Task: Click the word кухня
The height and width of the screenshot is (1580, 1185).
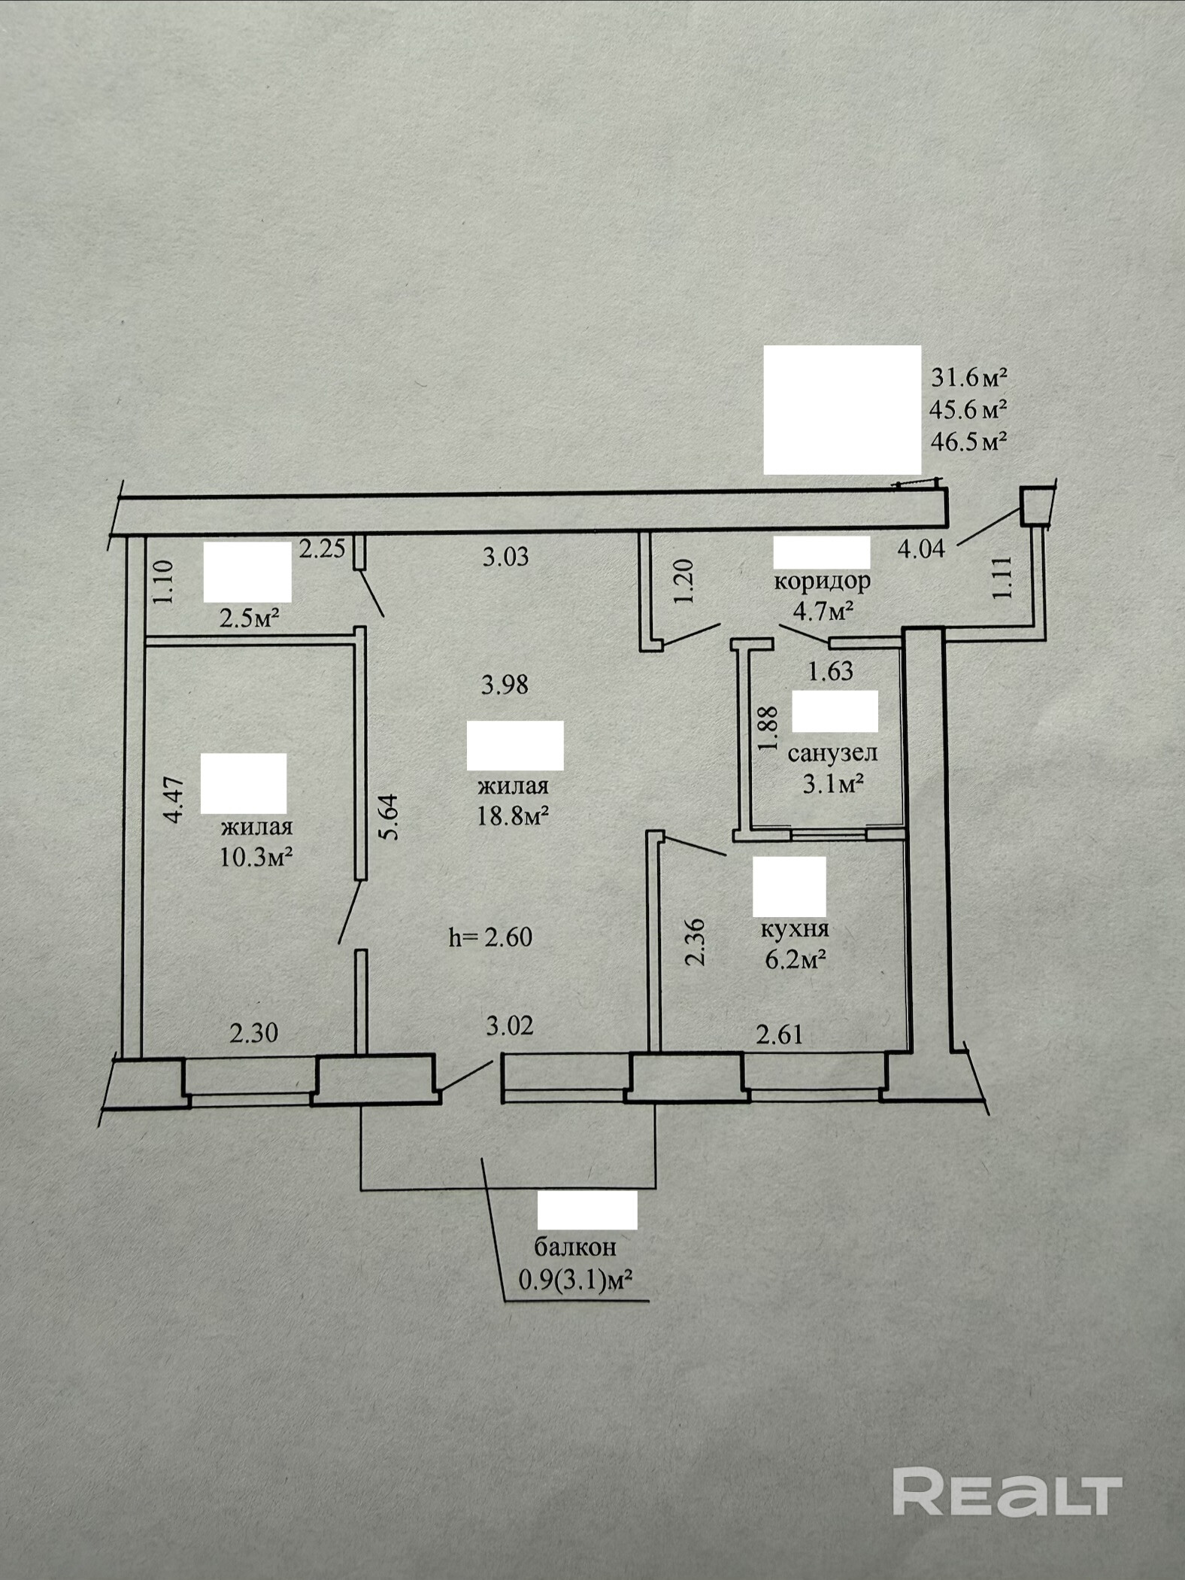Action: pyautogui.click(x=795, y=928)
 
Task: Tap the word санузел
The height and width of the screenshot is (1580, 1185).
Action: pyautogui.click(x=832, y=752)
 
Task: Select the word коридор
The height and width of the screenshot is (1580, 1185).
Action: pyautogui.click(x=822, y=582)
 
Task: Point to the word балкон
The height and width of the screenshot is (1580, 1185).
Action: pyautogui.click(x=575, y=1247)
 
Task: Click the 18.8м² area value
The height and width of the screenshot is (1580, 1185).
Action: pyautogui.click(x=512, y=816)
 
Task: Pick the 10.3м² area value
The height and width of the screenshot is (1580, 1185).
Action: pyautogui.click(x=256, y=857)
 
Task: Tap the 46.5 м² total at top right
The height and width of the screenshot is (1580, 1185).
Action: pyautogui.click(x=968, y=441)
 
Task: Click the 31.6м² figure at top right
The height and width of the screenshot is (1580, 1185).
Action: pyautogui.click(x=968, y=375)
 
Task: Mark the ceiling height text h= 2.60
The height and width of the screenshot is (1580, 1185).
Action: pyautogui.click(x=490, y=937)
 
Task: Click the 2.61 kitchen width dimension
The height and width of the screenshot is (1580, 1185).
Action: pyautogui.click(x=780, y=1035)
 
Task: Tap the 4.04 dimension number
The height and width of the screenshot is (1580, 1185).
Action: pyautogui.click(x=921, y=548)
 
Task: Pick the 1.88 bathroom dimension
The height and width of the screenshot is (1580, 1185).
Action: pyautogui.click(x=767, y=727)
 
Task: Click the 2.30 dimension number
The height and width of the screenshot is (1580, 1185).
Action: pyautogui.click(x=253, y=1032)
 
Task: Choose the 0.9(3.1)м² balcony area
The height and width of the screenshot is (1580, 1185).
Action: pyautogui.click(x=574, y=1279)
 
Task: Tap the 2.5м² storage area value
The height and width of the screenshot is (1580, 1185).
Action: pyautogui.click(x=250, y=619)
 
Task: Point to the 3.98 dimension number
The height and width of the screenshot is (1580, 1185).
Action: pyautogui.click(x=505, y=685)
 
